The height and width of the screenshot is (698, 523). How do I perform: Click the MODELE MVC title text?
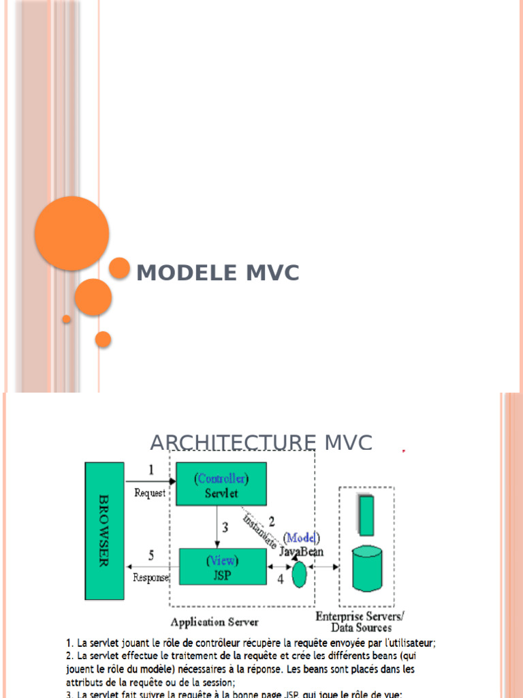tap(218, 273)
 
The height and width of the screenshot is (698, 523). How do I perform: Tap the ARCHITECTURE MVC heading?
tap(261, 442)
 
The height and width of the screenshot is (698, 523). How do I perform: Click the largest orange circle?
tap(72, 233)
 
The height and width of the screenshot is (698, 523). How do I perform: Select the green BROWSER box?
tap(104, 531)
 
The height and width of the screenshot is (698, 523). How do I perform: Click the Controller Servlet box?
tap(221, 484)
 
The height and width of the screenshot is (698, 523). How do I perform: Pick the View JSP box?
tap(223, 566)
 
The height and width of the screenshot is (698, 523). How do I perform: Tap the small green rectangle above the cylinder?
tap(366, 516)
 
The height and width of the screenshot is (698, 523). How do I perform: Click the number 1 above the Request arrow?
tap(150, 470)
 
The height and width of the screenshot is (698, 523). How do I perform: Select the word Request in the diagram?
tap(150, 493)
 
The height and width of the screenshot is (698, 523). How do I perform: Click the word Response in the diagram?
tap(151, 578)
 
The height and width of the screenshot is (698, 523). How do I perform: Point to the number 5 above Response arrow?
tap(152, 554)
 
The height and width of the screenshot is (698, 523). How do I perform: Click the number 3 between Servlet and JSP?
tap(224, 527)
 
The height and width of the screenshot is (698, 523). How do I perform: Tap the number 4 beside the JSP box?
tap(280, 579)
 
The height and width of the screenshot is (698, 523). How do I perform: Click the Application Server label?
tap(215, 622)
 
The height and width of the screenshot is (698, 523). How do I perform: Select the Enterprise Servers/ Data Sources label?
tap(360, 622)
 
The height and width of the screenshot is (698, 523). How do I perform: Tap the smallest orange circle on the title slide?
tap(67, 319)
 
